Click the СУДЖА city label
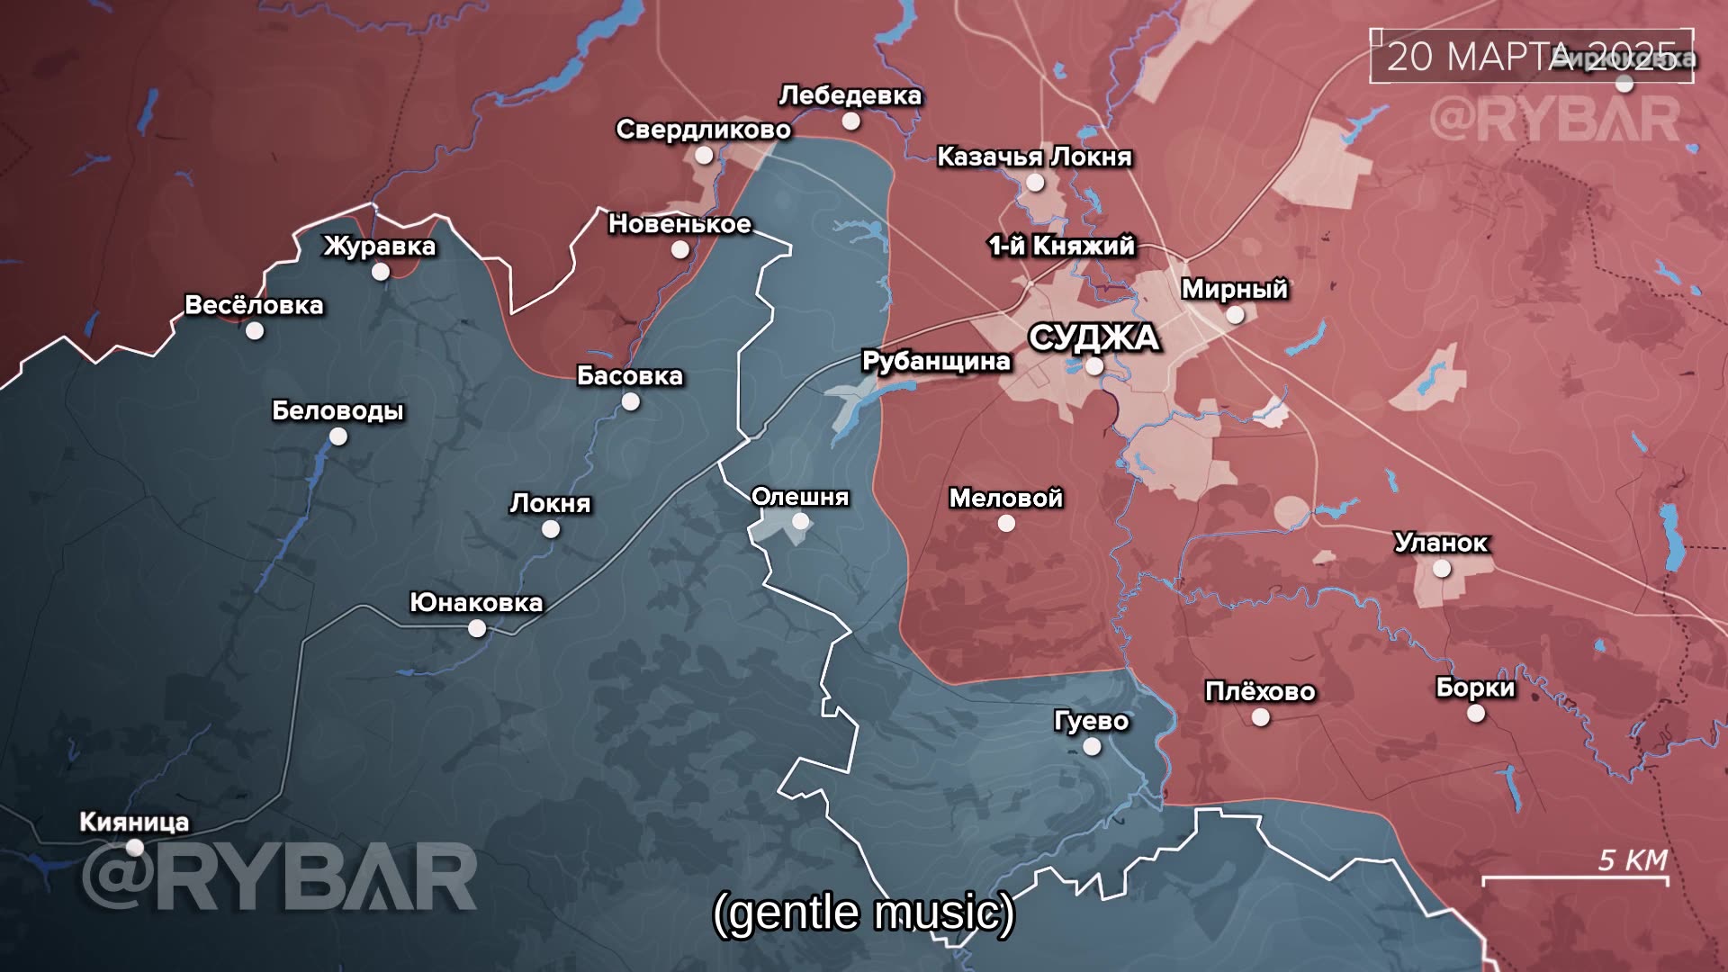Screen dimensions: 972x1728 pos(1093,338)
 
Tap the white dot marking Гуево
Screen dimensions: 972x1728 pos(1092,746)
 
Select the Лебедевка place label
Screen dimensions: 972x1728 pos(850,95)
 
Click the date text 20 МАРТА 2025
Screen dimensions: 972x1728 pos(1530,56)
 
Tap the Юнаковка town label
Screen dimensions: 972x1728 pos(476,602)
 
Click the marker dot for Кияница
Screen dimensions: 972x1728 pos(135,847)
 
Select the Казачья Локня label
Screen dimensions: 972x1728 pos(1034,157)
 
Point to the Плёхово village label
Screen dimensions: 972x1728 pos(1260,691)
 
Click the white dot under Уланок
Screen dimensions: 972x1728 pos(1442,569)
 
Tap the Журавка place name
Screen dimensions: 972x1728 pos(380,246)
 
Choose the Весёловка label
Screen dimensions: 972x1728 pos(254,305)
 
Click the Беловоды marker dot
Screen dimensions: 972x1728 pos(337,436)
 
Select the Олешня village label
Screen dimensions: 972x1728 pos(799,497)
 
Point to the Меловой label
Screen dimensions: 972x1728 pos(1005,498)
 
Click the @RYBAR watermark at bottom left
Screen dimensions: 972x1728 pos(279,877)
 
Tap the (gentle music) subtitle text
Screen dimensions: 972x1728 pos(863,913)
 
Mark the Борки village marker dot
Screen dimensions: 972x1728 pos(1476,713)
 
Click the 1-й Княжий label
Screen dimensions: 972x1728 pos(1061,246)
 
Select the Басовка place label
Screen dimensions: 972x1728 pos(629,375)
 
